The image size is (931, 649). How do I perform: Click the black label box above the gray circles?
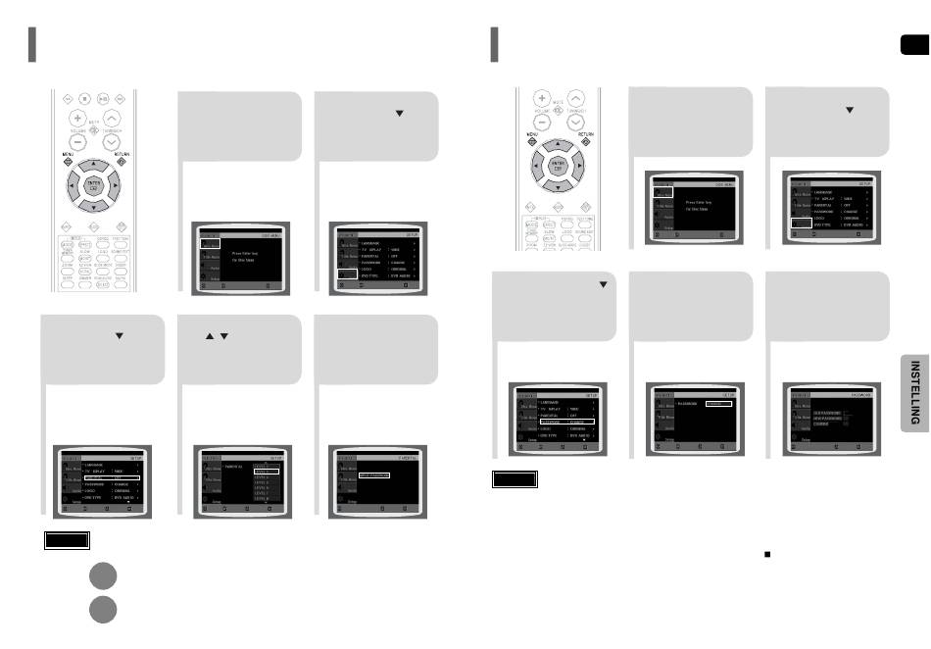click(x=67, y=540)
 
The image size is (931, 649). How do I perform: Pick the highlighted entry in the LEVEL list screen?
click(x=267, y=472)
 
